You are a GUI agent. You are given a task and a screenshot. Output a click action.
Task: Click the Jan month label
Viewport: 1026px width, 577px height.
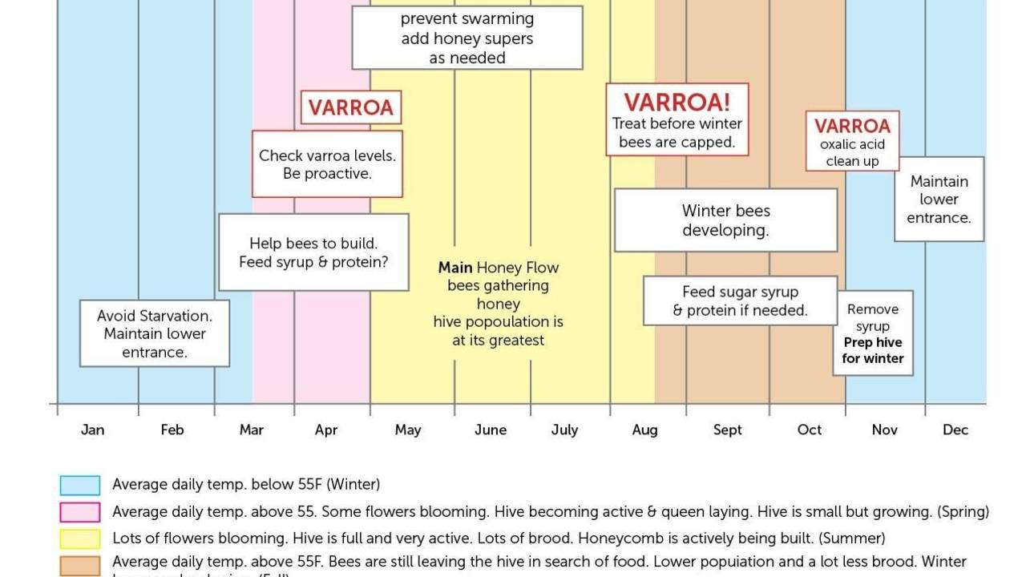(x=92, y=430)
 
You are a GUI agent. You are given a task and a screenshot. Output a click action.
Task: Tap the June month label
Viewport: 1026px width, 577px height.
(x=490, y=430)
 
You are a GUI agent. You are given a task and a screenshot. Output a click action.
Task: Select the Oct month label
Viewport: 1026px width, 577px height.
(x=809, y=430)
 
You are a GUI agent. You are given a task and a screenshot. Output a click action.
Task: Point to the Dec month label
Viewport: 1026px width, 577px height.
(x=955, y=430)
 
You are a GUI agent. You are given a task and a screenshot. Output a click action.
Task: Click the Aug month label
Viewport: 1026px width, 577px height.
(x=644, y=430)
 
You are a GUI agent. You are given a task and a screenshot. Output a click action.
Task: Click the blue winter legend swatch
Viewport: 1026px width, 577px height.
(x=80, y=485)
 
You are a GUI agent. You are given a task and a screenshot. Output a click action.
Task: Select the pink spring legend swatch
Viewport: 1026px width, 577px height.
(x=80, y=512)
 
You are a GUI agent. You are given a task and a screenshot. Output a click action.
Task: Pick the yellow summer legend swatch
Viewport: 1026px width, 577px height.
(x=80, y=539)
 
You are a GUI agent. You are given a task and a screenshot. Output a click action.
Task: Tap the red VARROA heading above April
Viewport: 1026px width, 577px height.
(x=350, y=108)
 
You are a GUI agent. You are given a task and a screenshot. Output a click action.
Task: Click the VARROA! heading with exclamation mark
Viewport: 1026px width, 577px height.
(x=677, y=103)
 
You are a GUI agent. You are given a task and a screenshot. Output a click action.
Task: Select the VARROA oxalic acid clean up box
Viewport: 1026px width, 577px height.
(x=852, y=141)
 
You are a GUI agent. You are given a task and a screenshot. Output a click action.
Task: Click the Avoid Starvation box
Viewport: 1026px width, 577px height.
(x=155, y=333)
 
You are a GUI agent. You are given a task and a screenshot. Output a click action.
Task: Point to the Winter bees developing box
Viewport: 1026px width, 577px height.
(x=725, y=220)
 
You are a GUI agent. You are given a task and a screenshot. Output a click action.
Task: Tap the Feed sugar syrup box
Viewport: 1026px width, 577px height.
(x=740, y=301)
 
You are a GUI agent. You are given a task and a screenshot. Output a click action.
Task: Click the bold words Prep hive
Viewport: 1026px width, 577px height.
(x=873, y=342)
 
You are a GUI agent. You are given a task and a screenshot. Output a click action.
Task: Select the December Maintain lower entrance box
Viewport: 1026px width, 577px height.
(x=939, y=200)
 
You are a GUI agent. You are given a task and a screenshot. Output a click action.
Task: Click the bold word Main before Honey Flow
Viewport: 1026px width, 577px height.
(x=454, y=268)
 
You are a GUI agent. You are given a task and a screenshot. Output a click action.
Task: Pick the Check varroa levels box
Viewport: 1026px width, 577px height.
(x=327, y=164)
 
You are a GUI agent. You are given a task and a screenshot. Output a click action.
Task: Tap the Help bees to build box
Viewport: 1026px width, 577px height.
(x=313, y=252)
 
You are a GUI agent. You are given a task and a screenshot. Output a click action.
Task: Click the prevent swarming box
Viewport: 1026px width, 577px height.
(x=467, y=38)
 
